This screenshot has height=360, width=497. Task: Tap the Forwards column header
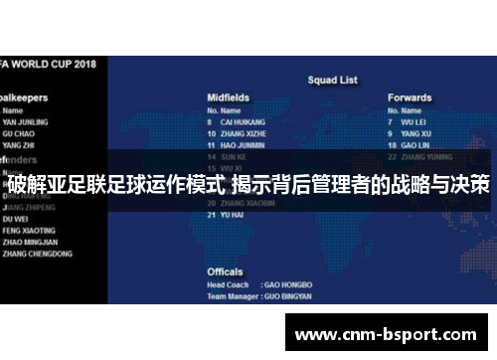[410, 97]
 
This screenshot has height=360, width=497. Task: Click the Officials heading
[225, 270]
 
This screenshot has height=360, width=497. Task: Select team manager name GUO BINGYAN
[290, 296]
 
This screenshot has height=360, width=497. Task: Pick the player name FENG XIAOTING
[30, 228]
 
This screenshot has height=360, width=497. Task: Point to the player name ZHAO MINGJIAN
[31, 241]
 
